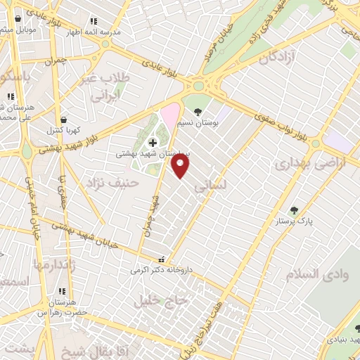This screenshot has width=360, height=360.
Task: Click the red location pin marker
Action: tap(181, 166)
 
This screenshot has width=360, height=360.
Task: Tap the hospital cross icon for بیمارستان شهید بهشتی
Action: tap(153, 143)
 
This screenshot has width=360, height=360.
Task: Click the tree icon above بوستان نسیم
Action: tap(198, 111)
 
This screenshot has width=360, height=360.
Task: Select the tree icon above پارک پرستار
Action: tap(294, 210)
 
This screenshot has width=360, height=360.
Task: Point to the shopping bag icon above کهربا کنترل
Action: tap(65, 120)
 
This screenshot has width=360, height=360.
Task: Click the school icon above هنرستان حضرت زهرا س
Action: tap(62, 291)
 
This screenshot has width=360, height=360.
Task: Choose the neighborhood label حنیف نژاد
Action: tap(113, 184)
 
